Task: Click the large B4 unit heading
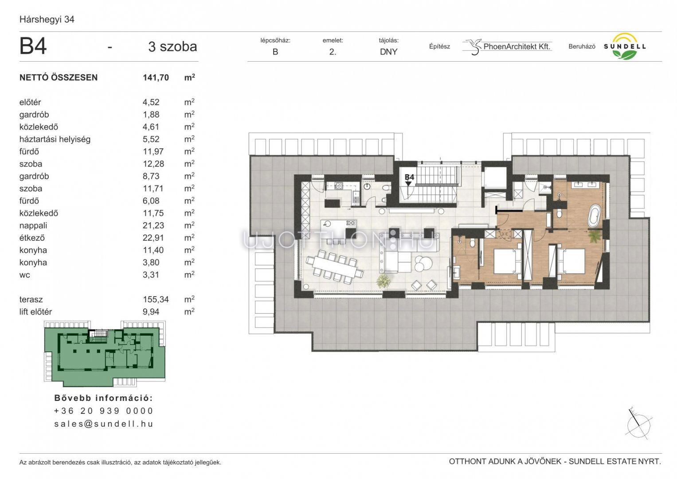pos(33,46)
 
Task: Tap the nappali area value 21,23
pos(153,226)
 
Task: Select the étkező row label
pos(32,238)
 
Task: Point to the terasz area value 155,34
pos(156,300)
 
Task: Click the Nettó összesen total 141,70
pos(156,78)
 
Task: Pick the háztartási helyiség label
pos(55,139)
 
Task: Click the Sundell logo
pos(625,46)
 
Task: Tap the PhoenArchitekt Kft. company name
pos(517,47)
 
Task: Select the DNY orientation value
pos(388,52)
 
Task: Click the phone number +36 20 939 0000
pos(104,411)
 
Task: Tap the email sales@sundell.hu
pos(104,424)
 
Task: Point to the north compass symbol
pos(639,424)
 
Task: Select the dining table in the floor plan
pos(334,266)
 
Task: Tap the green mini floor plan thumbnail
pos(105,353)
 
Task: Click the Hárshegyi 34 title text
pos(47,20)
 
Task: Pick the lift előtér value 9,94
pos(151,312)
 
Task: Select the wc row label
pos(25,275)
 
